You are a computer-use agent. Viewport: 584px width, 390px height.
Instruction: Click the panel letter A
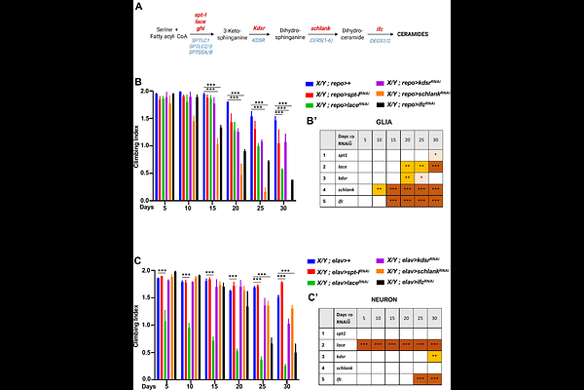(139, 9)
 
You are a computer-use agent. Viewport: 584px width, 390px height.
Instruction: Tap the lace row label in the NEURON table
(345, 343)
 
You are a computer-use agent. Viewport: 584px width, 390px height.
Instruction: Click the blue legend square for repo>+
(309, 86)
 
